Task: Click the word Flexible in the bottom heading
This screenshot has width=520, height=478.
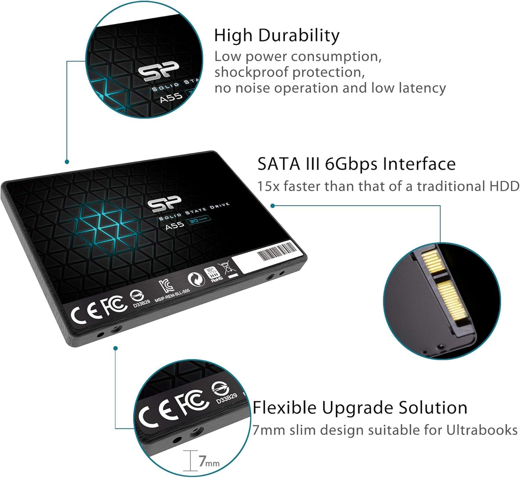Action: (284, 408)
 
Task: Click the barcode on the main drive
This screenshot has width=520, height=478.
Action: (277, 251)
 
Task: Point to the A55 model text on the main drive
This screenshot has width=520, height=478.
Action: (175, 225)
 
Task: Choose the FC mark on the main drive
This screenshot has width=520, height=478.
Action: (114, 305)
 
